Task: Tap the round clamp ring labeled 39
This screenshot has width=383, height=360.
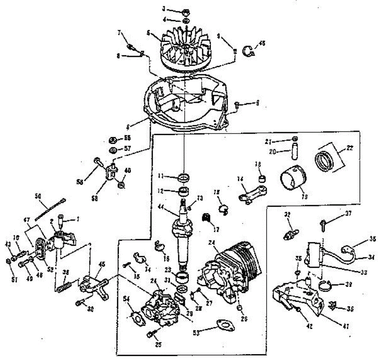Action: pos(326,285)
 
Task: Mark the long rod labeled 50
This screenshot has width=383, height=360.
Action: pos(50,209)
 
